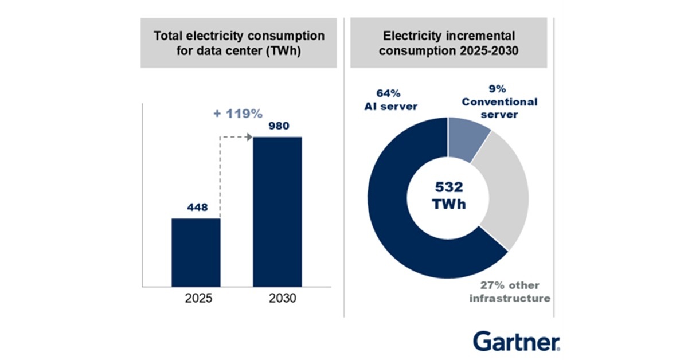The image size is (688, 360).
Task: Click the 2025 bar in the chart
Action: point(196,252)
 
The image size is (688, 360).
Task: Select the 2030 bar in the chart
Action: point(277,212)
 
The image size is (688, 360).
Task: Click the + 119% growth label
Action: point(237,114)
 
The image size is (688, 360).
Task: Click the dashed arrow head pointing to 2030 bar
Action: point(250,137)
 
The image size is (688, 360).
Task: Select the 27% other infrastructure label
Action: point(510,292)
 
